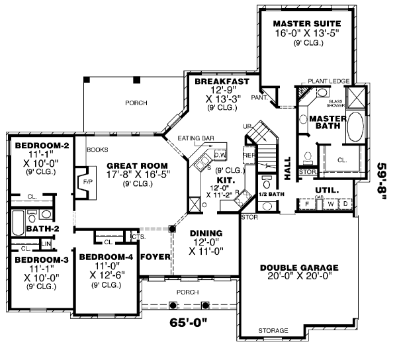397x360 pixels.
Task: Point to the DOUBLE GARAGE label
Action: (x=298, y=268)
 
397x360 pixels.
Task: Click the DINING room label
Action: (x=205, y=234)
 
